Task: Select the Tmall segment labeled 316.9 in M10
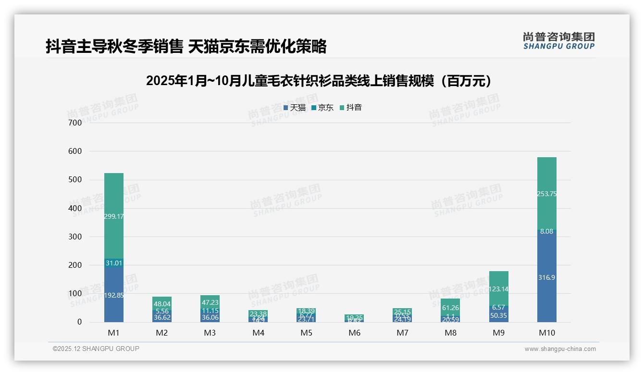pos(546,277)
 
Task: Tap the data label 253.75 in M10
pos(546,194)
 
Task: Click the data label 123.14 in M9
pos(498,289)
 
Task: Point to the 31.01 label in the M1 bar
pos(114,263)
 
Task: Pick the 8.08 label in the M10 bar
pos(546,231)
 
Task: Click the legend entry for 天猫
pos(295,108)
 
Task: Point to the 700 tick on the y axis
pos(74,123)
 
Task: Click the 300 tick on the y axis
pos(74,237)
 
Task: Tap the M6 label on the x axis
pos(354,333)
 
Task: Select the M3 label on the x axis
pos(210,333)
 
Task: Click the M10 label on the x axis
pos(546,333)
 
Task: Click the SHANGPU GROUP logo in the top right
pos(558,41)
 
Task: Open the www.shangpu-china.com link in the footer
pos(560,349)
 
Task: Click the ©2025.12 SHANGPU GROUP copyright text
pos(96,349)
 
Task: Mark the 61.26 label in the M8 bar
pos(450,308)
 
